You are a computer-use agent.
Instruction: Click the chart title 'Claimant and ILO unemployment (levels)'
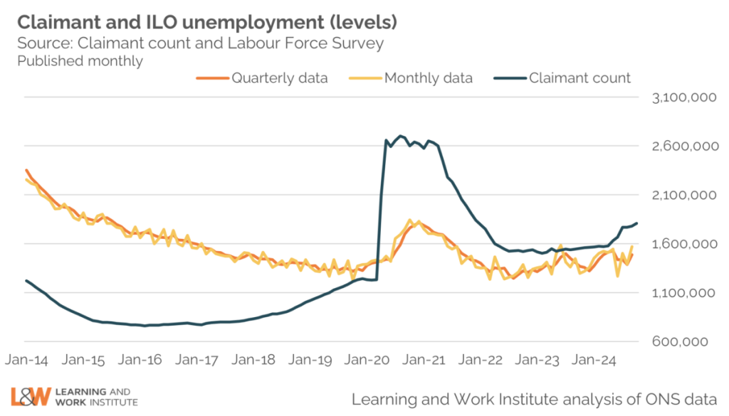pos(207,22)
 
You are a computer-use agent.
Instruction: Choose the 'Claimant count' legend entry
pos(579,78)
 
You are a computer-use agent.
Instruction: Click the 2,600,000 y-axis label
pos(684,146)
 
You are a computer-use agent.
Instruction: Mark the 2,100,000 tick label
pos(684,196)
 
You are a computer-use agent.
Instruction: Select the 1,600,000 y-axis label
pos(684,245)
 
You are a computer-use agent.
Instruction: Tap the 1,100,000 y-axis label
pos(684,293)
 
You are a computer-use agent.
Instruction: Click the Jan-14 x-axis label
pos(26,361)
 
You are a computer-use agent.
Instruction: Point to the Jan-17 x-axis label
pos(201,361)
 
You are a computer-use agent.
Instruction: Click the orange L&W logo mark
pos(31,397)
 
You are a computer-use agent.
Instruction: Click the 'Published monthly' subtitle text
pos(80,61)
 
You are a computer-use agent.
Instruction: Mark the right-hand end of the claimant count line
pos(636,223)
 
